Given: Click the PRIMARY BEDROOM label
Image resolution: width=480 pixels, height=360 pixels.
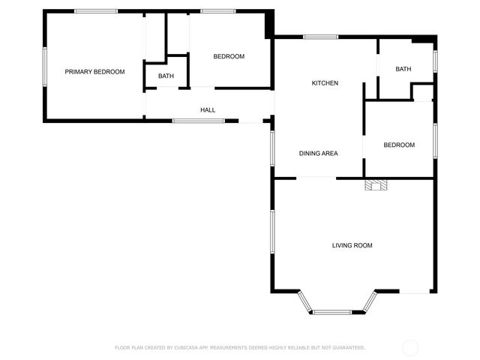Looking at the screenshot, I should point(94,72).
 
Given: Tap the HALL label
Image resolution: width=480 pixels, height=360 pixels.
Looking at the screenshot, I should point(208,110).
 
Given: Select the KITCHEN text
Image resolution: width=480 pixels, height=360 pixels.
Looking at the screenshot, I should point(325,83).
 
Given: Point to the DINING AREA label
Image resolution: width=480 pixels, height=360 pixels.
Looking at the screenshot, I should point(319,154).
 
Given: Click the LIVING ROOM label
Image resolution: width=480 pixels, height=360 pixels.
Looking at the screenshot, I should point(352,245).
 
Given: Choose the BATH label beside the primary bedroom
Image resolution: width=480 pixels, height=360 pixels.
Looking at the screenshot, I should point(166,76).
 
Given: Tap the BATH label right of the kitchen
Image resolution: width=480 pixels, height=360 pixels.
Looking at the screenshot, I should point(403,70).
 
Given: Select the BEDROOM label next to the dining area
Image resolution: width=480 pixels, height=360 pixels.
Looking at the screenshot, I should point(399,145).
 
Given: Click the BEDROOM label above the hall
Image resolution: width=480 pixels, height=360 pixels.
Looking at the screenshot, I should point(229,57).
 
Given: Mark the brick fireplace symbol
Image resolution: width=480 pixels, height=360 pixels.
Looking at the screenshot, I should point(374,185).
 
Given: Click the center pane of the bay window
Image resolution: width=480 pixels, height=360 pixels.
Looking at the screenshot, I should point(332,312).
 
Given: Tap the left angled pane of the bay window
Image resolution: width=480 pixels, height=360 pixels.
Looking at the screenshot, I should point(304,301).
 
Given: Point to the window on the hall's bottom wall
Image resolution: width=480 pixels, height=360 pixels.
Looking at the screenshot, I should point(198,121).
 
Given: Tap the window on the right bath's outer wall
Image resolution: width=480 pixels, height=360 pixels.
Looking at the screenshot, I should point(435,61).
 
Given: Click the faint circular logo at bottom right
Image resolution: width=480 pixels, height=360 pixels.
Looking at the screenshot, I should point(410,347).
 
